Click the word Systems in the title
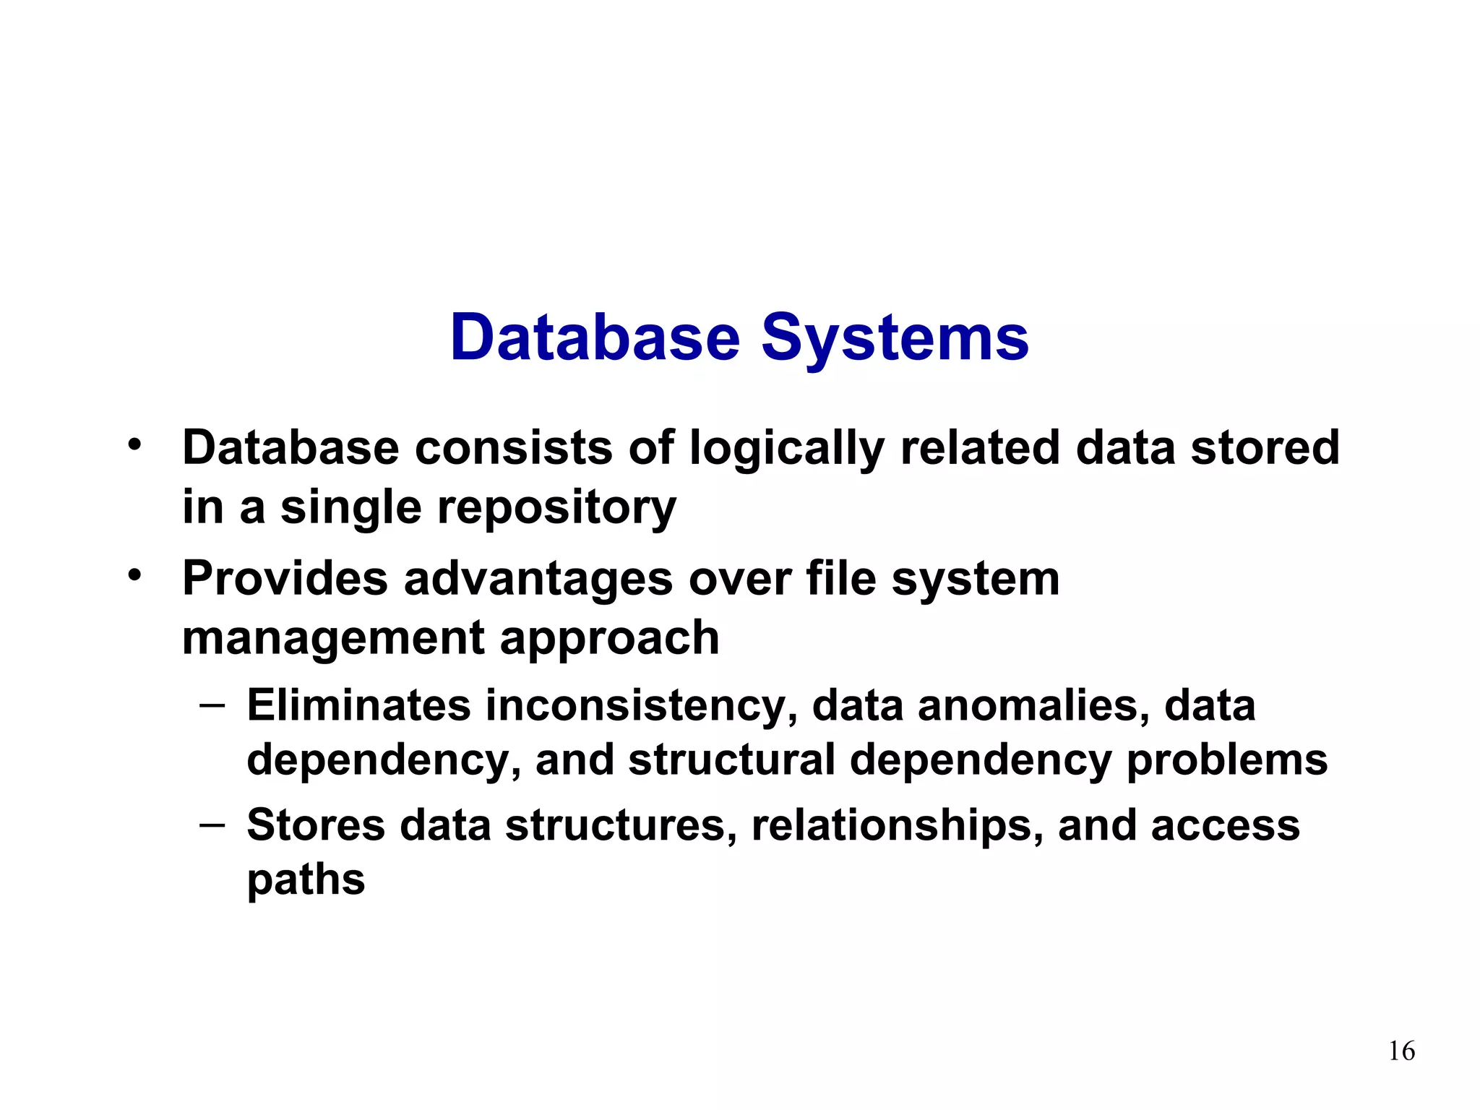click(x=895, y=338)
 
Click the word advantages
click(x=538, y=579)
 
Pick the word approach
click(x=609, y=639)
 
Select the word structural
click(x=731, y=760)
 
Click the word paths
click(x=306, y=881)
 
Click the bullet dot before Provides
click(x=134, y=576)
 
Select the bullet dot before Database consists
click(x=134, y=444)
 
